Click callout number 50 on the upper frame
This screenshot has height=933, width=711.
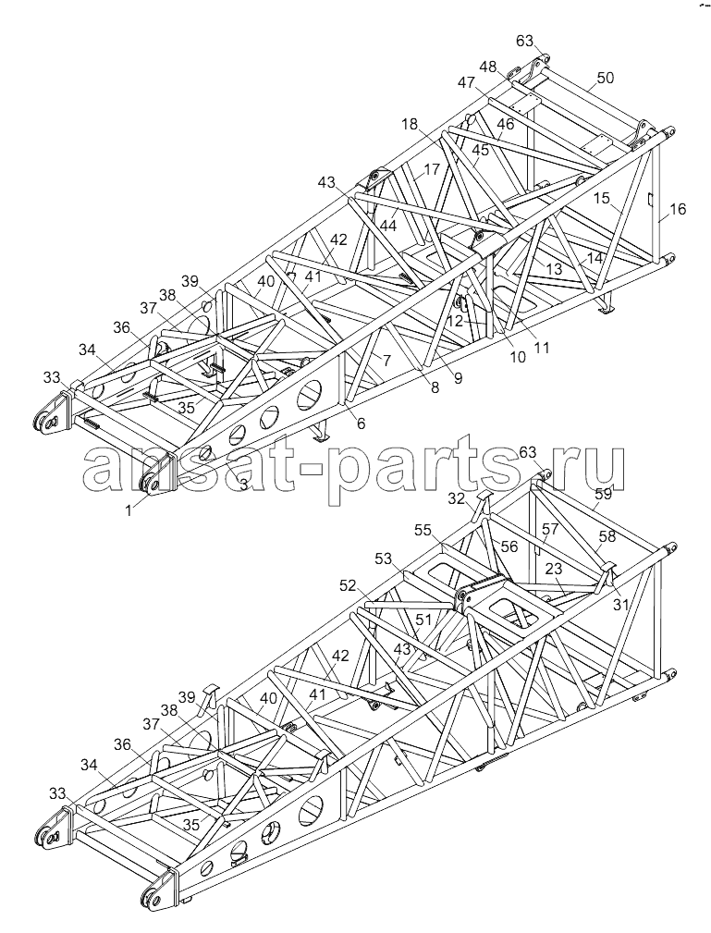(606, 78)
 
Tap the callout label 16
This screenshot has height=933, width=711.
(678, 209)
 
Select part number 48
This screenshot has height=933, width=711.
(488, 67)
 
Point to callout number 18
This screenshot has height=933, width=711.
(410, 124)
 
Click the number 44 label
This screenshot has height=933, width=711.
(388, 226)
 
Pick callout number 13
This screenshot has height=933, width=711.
(554, 269)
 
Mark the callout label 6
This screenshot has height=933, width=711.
(362, 424)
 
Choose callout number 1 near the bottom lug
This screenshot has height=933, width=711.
(129, 509)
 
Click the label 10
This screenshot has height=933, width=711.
(518, 357)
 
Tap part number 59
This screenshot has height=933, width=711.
(604, 493)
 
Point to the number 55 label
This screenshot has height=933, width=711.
(423, 530)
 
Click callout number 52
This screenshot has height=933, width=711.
(348, 585)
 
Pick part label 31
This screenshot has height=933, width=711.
(620, 604)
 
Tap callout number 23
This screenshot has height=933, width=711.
(554, 569)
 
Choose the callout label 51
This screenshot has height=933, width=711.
(423, 620)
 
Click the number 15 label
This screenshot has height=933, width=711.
(602, 198)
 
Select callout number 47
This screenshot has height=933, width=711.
(467, 82)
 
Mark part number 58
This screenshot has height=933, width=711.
(607, 535)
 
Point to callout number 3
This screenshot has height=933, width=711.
(243, 484)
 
